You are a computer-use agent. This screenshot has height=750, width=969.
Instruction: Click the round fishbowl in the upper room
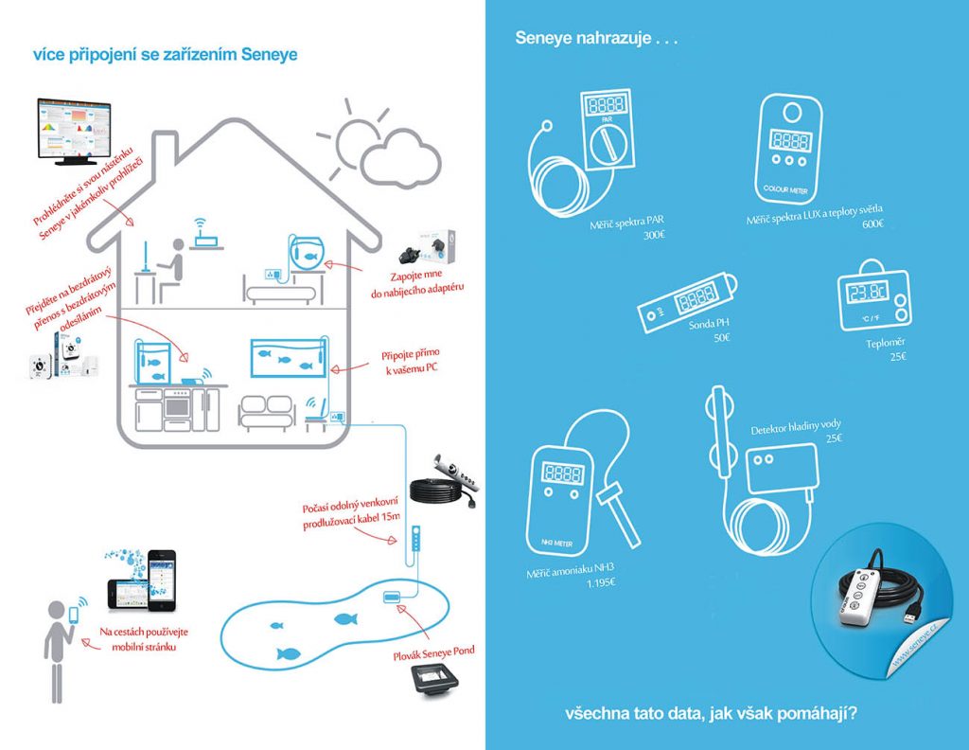(307, 252)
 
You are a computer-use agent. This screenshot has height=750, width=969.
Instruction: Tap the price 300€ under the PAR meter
(654, 236)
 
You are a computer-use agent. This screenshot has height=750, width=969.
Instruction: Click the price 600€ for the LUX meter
(872, 223)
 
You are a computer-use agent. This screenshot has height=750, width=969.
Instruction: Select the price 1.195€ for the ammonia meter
(601, 582)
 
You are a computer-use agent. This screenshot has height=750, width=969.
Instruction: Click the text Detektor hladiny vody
(795, 427)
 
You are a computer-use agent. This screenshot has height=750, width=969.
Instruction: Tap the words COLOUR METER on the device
(785, 189)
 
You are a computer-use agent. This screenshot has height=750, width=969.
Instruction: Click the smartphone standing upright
(161, 579)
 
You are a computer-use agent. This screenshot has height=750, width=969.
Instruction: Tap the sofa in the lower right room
(266, 413)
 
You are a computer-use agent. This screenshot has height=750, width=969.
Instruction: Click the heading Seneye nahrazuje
(596, 38)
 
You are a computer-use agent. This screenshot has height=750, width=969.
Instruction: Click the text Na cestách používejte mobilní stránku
(144, 639)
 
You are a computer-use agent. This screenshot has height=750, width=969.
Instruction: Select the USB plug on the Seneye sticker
(910, 619)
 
